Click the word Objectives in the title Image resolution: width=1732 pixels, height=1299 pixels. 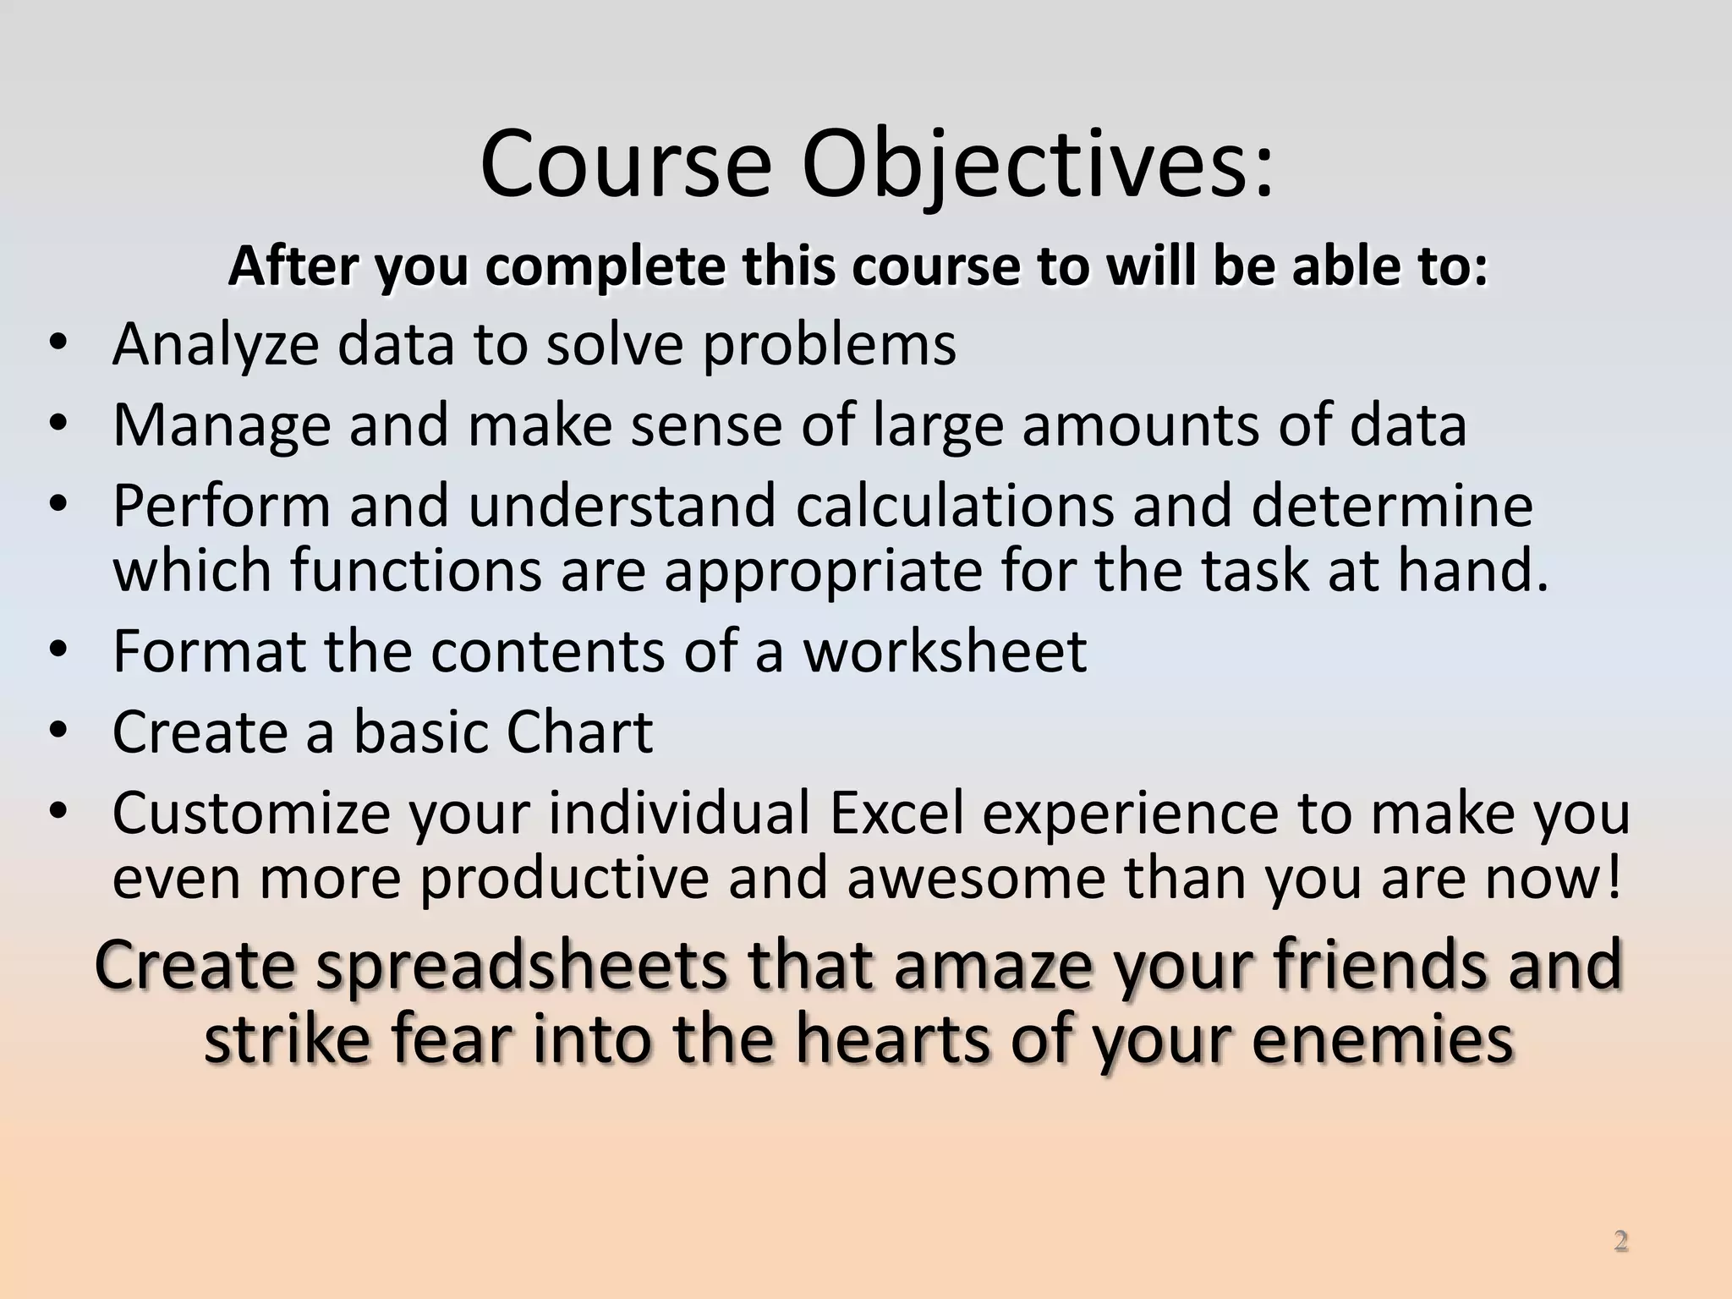1036,165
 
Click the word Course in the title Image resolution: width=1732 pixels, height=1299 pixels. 626,165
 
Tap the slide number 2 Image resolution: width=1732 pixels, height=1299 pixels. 1620,1241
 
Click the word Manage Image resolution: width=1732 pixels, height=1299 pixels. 221,425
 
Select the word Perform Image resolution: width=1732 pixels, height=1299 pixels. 221,506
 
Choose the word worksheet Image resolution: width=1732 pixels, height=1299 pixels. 944,651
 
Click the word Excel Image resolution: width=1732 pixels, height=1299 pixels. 896,813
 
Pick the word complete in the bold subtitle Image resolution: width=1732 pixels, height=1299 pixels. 606,267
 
